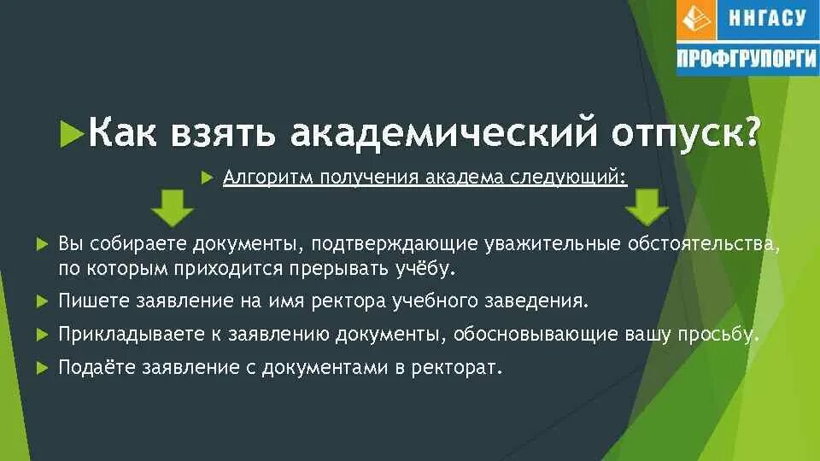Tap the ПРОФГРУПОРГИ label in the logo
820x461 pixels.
click(x=747, y=59)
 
